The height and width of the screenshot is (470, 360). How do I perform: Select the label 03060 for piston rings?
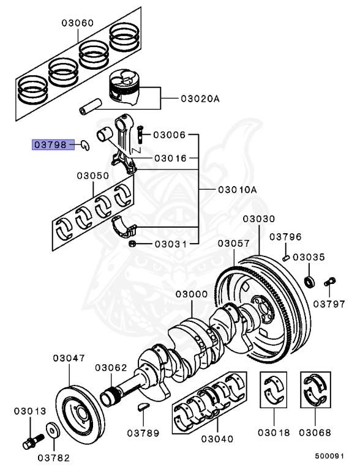77,23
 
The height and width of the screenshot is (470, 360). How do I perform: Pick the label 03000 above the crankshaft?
191,294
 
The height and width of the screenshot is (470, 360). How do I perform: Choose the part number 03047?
69,358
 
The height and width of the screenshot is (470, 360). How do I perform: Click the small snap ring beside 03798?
86,145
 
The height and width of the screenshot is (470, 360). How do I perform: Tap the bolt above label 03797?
331,282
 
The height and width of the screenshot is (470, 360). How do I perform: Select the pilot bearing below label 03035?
311,282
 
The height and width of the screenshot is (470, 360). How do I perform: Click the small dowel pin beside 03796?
286,257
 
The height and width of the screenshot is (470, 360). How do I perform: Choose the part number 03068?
315,433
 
